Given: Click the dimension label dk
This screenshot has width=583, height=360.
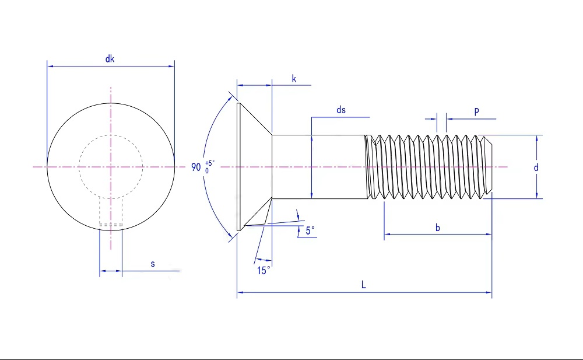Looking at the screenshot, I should [x=110, y=58].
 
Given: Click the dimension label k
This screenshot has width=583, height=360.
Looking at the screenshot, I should [x=294, y=78].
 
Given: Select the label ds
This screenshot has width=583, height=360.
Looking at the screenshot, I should [x=341, y=110].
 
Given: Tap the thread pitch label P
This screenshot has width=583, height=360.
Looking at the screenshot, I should [x=477, y=111].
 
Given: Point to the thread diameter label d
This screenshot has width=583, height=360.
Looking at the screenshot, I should [x=536, y=167].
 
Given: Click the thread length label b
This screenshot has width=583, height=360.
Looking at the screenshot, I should [x=438, y=228].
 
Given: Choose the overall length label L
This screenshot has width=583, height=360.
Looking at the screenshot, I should [x=363, y=284].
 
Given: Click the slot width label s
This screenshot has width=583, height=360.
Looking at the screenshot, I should [x=153, y=264].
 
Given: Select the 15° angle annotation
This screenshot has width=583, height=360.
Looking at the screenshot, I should [x=264, y=270].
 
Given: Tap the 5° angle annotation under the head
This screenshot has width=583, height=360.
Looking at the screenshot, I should [x=310, y=230].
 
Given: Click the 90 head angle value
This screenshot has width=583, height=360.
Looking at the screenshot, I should [x=196, y=167].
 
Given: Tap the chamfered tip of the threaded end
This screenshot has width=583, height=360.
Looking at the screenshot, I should [x=489, y=167].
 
